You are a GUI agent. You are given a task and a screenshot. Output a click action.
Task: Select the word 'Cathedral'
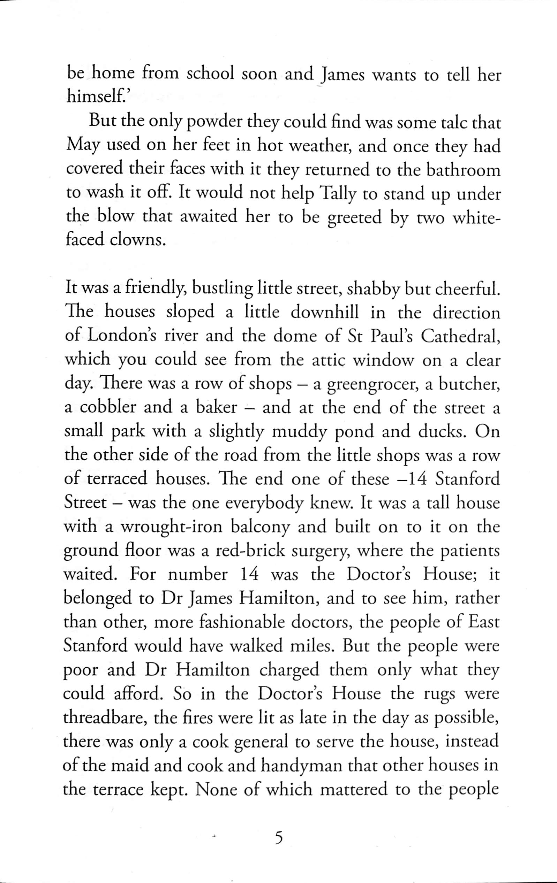click(460, 337)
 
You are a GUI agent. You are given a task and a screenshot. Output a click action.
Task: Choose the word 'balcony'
click(261, 527)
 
